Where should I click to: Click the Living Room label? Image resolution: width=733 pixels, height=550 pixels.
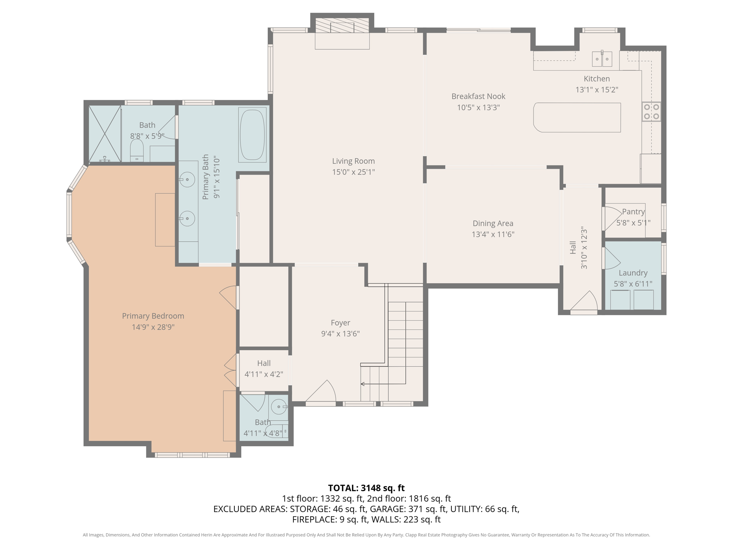(x=353, y=161)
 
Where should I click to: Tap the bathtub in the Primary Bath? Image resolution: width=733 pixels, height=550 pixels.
(x=252, y=135)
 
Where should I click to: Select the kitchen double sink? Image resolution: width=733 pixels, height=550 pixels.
(x=602, y=59)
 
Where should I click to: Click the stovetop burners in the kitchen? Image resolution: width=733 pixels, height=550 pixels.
(x=651, y=112)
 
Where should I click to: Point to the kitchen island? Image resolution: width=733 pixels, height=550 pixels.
(x=577, y=117)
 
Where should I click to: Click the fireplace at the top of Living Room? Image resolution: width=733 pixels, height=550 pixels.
(x=342, y=27)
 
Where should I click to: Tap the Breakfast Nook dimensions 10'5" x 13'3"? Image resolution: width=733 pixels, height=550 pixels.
(x=478, y=107)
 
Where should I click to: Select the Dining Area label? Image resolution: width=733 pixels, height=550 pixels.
(x=492, y=223)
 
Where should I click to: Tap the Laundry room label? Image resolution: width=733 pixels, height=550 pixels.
(x=633, y=273)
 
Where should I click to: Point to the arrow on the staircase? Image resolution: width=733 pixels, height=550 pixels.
(x=363, y=384)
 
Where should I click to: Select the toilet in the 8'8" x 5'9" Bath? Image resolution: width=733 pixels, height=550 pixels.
(x=137, y=151)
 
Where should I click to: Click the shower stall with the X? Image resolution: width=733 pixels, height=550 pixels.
(x=105, y=134)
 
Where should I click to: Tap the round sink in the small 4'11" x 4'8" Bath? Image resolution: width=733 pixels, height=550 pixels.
(x=278, y=407)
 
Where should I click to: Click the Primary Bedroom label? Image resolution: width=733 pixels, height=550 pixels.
(x=153, y=316)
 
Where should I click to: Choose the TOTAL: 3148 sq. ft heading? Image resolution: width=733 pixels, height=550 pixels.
(x=366, y=488)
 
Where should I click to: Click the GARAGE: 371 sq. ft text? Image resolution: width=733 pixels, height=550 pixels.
(x=408, y=509)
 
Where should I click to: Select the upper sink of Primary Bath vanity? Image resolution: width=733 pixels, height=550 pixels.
(x=187, y=179)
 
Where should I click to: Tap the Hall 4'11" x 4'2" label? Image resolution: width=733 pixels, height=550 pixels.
(x=264, y=363)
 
